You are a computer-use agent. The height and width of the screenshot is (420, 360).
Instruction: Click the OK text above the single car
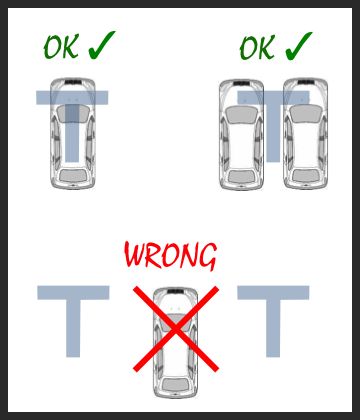61,47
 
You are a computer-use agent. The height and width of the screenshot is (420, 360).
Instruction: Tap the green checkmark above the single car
101,47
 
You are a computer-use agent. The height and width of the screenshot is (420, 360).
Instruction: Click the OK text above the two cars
257,48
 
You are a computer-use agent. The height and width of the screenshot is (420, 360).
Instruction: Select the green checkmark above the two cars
298,47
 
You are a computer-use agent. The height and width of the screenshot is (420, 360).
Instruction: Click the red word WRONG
171,255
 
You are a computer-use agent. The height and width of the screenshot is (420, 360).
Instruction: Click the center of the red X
176,329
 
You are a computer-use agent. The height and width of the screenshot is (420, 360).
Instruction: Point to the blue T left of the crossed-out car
73,321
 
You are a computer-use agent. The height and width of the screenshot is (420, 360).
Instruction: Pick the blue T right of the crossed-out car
273,321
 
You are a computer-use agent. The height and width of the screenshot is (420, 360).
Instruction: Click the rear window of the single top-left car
73,175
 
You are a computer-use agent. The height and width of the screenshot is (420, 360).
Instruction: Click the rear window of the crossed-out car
175,384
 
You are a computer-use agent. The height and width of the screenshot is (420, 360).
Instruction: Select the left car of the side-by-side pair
242,135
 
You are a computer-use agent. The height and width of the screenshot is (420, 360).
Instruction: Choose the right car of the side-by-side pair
305,134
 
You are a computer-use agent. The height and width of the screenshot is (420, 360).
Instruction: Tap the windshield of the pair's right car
305,114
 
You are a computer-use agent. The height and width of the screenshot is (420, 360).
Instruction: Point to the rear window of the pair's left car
242,176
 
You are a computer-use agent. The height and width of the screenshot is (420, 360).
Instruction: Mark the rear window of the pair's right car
306,175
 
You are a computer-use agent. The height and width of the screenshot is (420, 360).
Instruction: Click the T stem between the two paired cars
273,133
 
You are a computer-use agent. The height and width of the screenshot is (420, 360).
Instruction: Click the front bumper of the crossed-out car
175,290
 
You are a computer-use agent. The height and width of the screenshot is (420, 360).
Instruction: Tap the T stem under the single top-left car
72,133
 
